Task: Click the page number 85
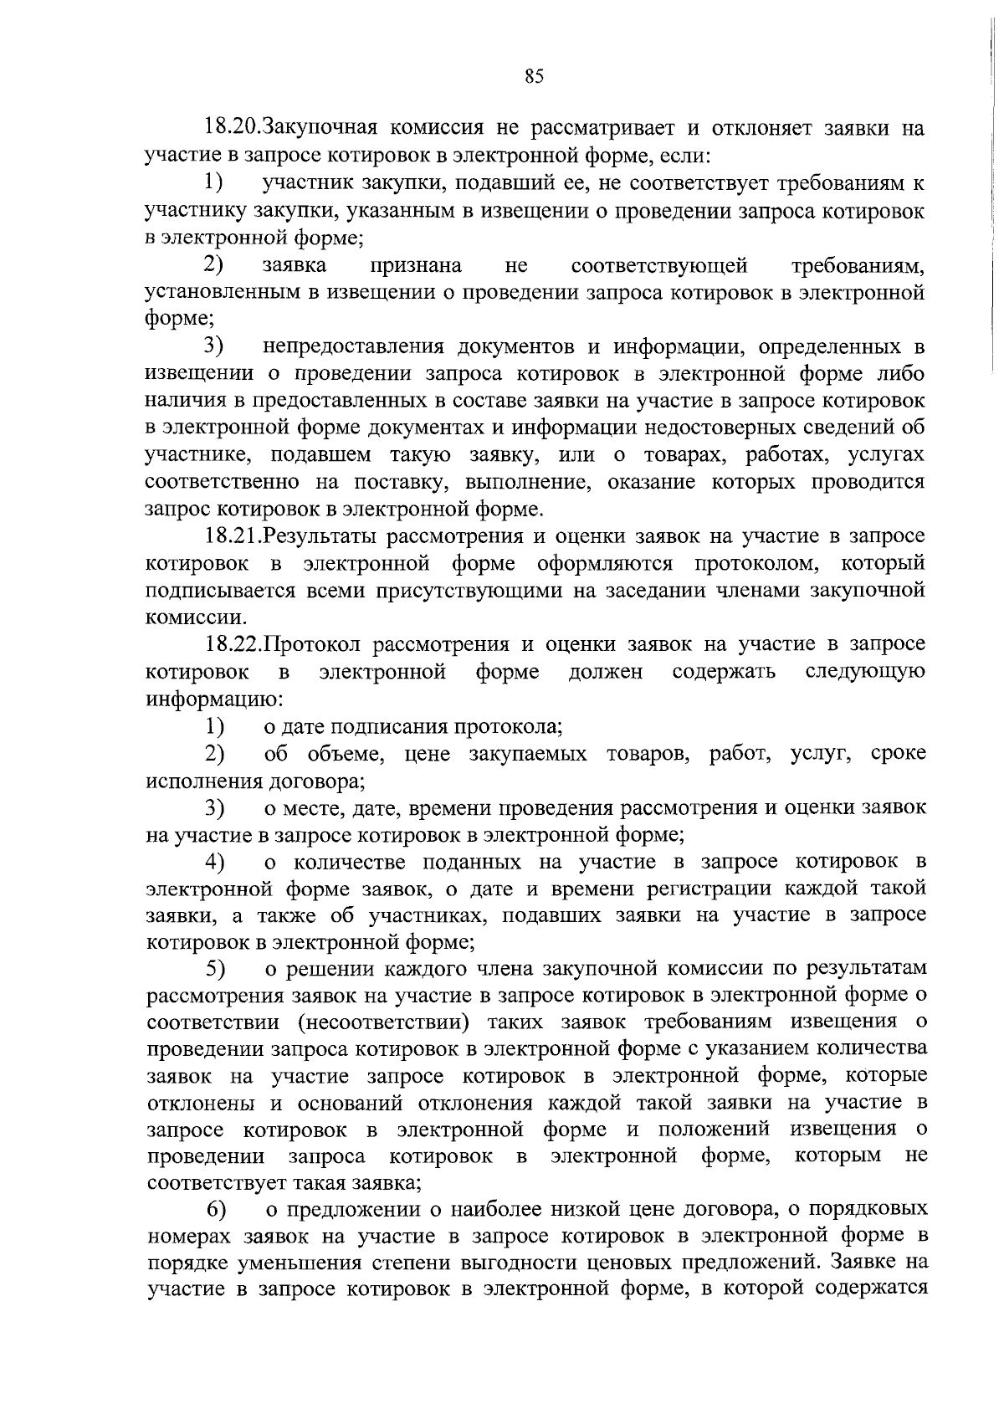[534, 77]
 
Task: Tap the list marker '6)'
[216, 1210]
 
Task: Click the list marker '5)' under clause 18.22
[216, 969]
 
